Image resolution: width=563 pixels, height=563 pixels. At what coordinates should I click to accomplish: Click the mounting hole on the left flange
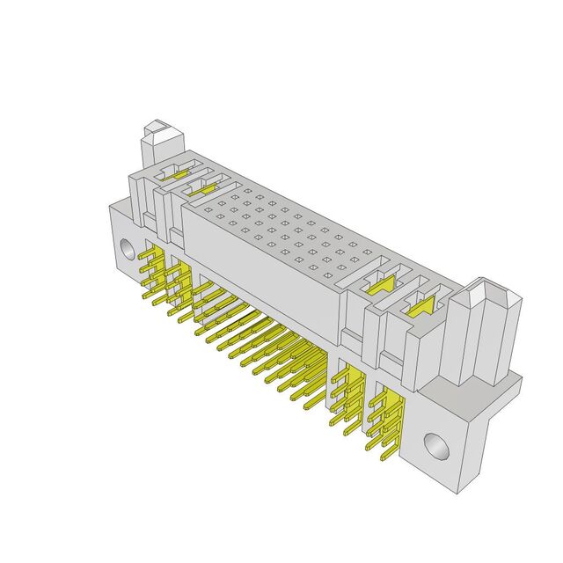tap(128, 249)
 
